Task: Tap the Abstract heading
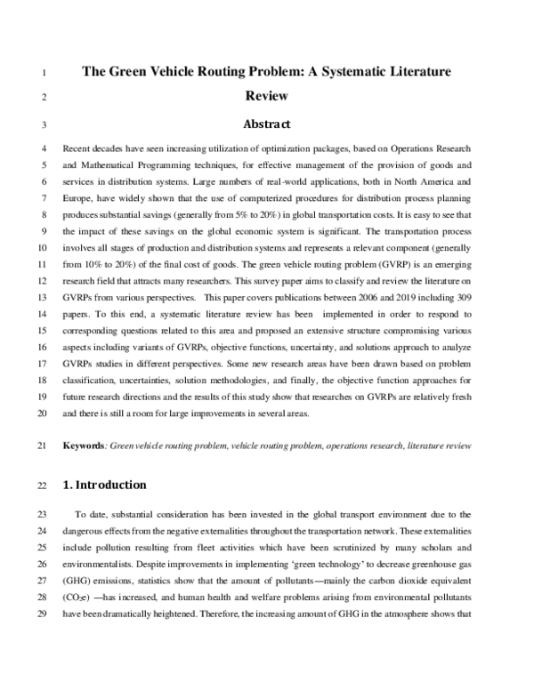267,125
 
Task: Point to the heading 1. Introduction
104,485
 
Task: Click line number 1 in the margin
44,70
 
